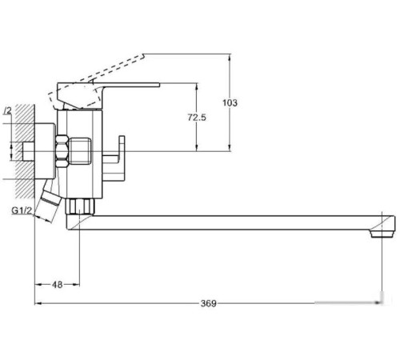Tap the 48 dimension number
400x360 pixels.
tap(58, 284)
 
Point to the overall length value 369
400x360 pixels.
tap(207, 303)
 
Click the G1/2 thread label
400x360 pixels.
tap(22, 210)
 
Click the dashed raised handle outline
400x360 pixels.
tap(96, 75)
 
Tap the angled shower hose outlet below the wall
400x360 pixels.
tap(50, 203)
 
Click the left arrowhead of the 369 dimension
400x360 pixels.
tap(37, 303)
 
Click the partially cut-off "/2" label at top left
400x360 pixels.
tap(8, 110)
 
